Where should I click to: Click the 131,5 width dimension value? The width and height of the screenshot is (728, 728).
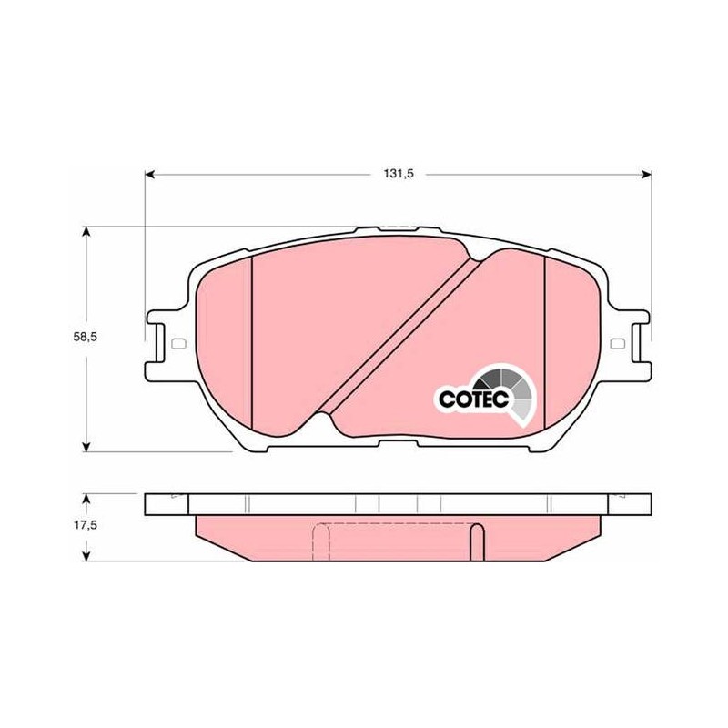click(x=399, y=174)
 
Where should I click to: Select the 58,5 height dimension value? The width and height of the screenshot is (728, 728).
click(x=85, y=337)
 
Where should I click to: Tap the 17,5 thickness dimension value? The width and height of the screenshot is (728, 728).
click(x=85, y=525)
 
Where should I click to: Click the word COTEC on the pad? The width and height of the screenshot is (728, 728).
click(x=474, y=399)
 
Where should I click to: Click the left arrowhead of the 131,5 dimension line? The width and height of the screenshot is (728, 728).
click(x=149, y=174)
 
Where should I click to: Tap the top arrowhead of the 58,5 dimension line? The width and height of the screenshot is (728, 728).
click(x=86, y=231)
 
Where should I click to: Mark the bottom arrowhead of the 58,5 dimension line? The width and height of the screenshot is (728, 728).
click(x=86, y=447)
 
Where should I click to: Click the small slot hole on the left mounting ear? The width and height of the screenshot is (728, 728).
click(x=178, y=344)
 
